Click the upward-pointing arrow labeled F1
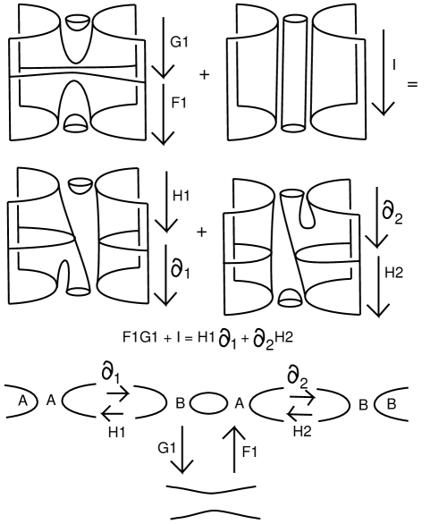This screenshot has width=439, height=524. (234, 450)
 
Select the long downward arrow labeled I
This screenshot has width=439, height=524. (384, 72)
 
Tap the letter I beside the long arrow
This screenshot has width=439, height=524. (394, 64)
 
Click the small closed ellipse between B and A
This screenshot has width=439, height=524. (208, 404)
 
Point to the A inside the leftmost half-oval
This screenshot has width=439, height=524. (22, 401)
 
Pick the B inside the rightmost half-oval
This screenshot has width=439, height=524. (392, 404)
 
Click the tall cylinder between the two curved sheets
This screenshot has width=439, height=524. (294, 73)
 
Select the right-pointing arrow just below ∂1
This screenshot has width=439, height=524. (118, 394)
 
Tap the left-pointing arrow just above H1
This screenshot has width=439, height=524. (113, 414)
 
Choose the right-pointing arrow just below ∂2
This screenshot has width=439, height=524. (302, 397)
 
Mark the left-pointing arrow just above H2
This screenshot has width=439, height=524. (299, 415)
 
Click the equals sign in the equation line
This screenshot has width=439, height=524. (189, 339)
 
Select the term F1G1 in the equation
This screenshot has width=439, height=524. (140, 337)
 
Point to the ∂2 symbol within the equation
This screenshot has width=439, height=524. (264, 341)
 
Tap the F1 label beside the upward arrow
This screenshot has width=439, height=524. (249, 452)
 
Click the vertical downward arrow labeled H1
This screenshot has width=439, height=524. (166, 201)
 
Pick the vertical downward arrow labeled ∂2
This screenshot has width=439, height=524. (376, 217)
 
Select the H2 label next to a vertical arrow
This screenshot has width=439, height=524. (393, 273)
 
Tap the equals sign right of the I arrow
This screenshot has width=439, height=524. (412, 84)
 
